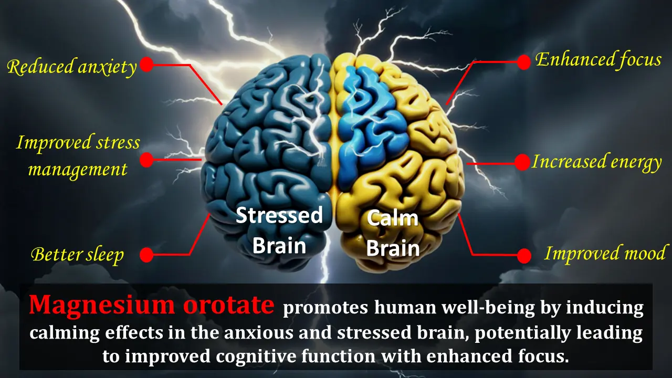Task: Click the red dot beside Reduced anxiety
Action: point(147,65)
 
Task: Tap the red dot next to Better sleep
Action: point(147,255)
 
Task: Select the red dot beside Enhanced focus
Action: point(523,62)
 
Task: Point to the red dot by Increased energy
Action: point(522,162)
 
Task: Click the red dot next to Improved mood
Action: point(523,256)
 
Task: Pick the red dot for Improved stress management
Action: point(147,159)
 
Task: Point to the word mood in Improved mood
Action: point(645,254)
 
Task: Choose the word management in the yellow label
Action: point(77,170)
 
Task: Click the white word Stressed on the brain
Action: point(279,215)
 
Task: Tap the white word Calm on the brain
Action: point(392,218)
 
